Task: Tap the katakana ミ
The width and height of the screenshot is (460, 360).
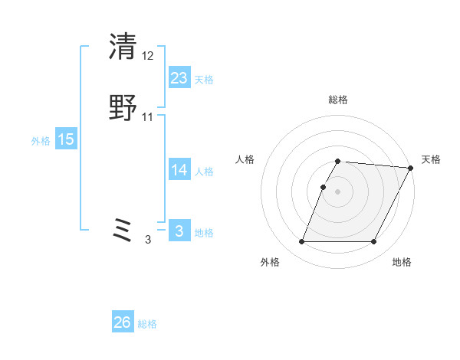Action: [123, 231]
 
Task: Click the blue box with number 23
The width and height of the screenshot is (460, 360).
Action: [179, 78]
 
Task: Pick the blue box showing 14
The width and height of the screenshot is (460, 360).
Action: [179, 170]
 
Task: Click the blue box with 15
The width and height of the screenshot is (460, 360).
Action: [66, 139]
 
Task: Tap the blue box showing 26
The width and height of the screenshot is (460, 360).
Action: [123, 322]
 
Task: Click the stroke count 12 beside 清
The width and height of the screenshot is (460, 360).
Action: [148, 56]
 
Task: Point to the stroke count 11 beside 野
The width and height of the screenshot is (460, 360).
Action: [148, 117]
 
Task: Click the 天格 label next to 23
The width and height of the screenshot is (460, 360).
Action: [204, 80]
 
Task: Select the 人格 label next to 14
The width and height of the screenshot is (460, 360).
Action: [204, 172]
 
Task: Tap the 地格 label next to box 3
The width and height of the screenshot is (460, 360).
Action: [204, 233]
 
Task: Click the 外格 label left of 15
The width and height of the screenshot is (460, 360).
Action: [41, 141]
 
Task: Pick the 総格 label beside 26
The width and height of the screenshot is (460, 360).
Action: [147, 324]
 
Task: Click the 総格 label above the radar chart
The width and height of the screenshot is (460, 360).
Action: [337, 100]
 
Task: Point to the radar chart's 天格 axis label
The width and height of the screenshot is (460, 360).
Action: [431, 159]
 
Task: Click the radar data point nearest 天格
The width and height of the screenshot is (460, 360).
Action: [411, 168]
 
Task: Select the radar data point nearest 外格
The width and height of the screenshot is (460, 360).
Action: [302, 242]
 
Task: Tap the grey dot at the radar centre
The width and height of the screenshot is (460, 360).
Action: [337, 191]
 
